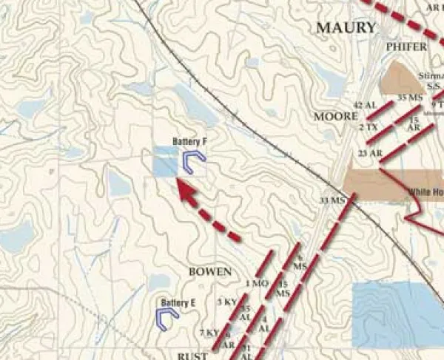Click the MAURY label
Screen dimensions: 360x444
point(346,28)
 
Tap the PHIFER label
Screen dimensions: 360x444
point(406,47)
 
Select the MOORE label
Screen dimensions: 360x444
point(336,117)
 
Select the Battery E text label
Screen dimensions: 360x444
point(178,302)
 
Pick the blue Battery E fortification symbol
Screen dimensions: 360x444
point(168,316)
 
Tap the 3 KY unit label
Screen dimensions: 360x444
point(226,302)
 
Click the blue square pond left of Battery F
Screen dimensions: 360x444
point(165,161)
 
